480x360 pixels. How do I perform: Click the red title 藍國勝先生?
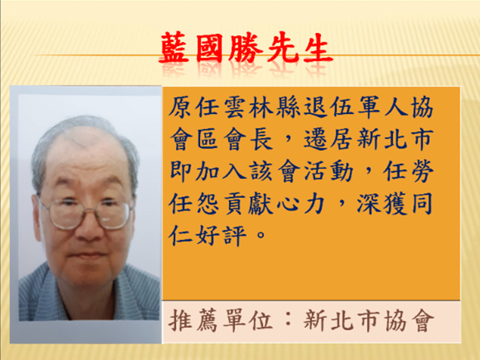(246, 49)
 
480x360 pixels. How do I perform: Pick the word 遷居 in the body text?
(329, 139)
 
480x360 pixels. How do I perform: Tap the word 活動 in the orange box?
(329, 172)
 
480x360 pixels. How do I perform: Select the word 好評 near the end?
(221, 235)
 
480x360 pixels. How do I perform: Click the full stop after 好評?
(261, 235)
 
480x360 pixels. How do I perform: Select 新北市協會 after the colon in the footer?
(369, 321)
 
